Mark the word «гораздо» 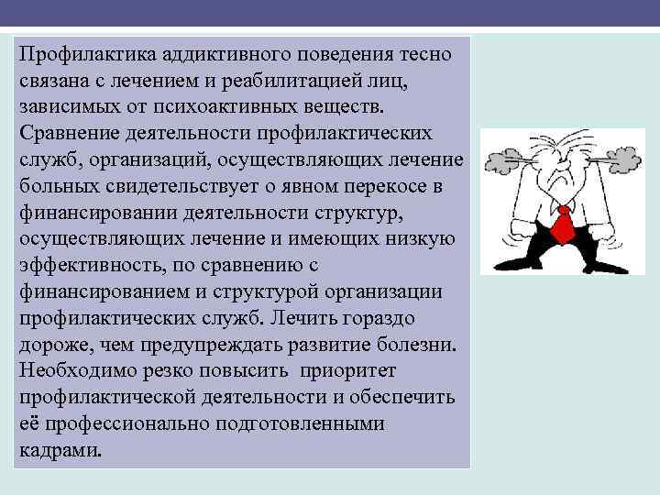379,320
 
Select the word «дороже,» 51,346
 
